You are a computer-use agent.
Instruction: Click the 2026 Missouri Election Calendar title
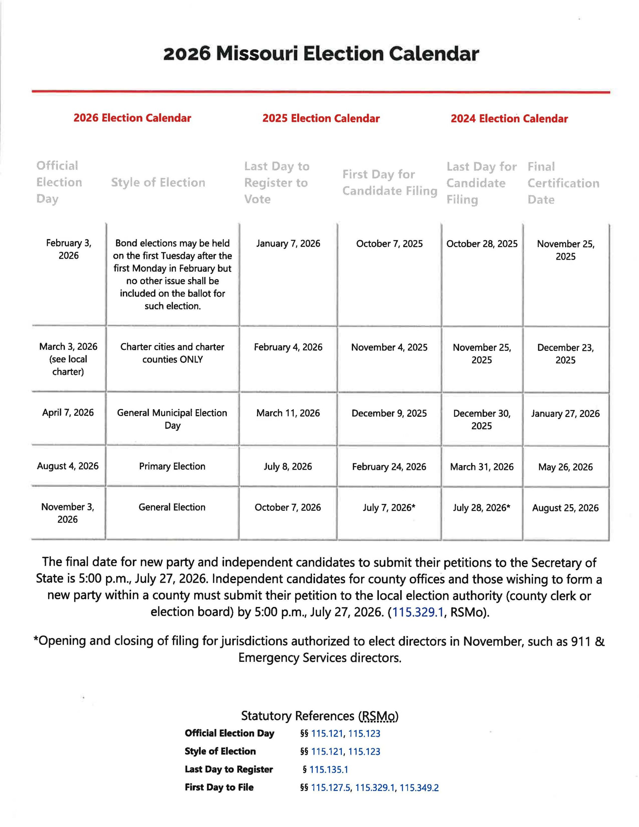click(321, 54)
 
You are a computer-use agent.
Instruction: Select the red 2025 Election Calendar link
click(321, 119)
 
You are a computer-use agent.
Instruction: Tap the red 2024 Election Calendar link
click(509, 119)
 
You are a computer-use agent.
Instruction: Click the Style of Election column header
click(158, 183)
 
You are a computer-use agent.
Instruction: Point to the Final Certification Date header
click(563, 183)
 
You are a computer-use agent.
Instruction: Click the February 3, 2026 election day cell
click(68, 249)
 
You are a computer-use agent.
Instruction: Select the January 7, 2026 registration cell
click(288, 244)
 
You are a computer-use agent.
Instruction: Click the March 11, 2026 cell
click(288, 413)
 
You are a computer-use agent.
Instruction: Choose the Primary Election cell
click(172, 466)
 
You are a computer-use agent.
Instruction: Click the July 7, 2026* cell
click(389, 508)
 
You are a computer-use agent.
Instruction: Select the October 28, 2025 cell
click(482, 244)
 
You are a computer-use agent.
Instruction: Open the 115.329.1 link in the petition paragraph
click(417, 612)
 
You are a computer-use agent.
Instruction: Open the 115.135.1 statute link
click(329, 769)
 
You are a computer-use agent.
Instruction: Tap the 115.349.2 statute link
click(419, 788)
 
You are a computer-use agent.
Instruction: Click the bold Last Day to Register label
click(229, 769)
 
